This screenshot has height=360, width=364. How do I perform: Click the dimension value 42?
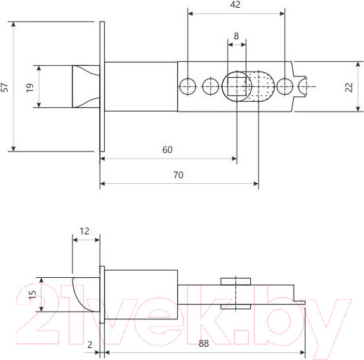235,4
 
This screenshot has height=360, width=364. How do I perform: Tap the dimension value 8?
236,36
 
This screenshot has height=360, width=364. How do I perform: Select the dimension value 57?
5,87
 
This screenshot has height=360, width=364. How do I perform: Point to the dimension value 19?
30,88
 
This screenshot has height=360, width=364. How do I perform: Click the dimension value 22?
349,87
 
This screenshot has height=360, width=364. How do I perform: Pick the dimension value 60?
167,149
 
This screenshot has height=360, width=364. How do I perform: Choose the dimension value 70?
178,175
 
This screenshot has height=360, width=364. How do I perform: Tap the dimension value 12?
84,231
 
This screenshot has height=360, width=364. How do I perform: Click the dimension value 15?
32,295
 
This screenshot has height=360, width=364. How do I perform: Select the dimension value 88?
204,343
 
